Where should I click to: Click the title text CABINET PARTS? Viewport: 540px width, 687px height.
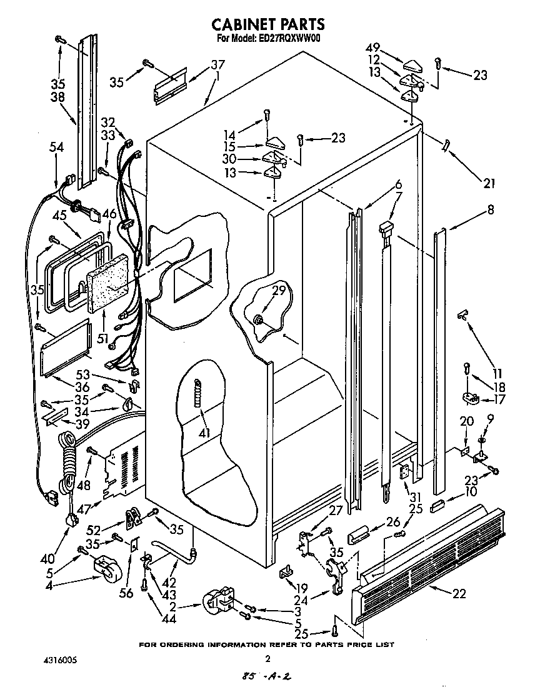[268, 24]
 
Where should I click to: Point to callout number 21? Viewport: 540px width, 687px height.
[488, 183]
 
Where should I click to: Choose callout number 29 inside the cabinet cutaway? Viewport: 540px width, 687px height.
[279, 290]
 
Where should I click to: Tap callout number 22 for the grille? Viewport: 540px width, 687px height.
[459, 593]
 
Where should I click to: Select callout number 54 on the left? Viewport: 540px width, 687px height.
[56, 147]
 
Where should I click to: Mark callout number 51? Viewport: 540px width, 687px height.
[105, 339]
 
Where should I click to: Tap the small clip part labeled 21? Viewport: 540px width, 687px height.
[446, 144]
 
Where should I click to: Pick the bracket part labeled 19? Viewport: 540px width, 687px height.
[287, 569]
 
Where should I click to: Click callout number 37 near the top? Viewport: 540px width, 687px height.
[217, 64]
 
